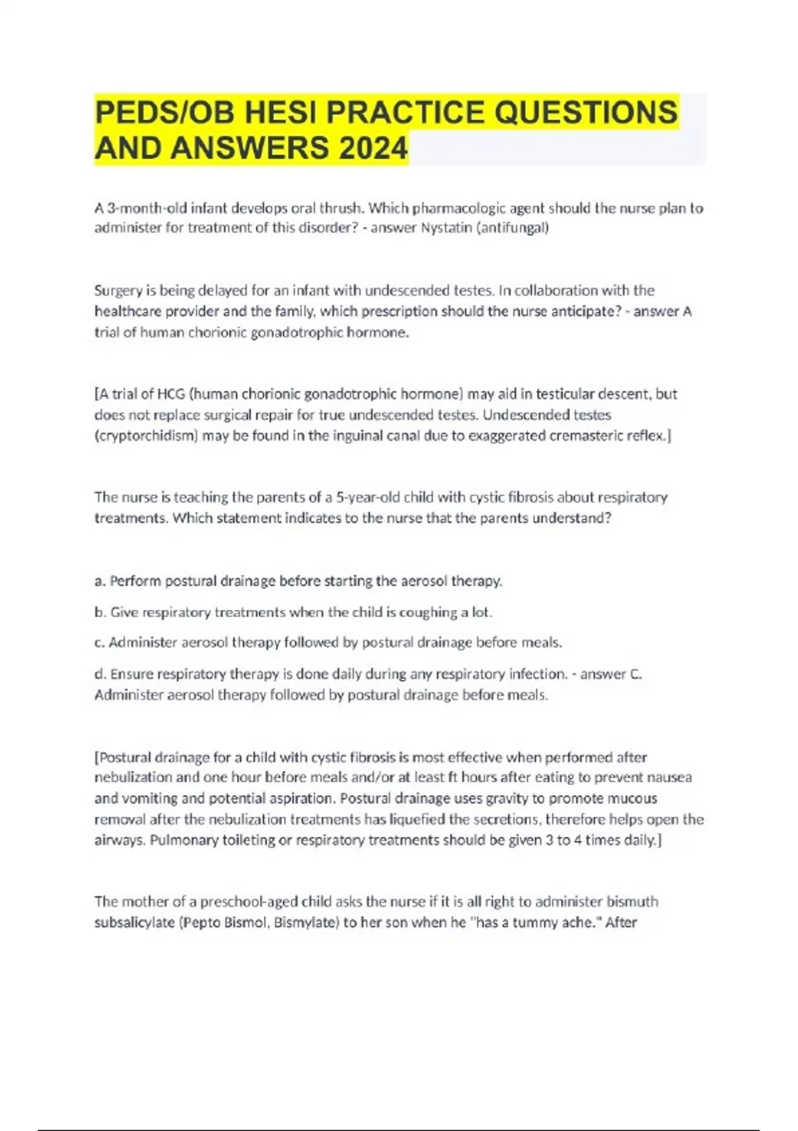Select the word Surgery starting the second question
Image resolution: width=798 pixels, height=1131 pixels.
tap(117, 291)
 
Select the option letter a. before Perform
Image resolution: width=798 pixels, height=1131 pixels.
tap(100, 581)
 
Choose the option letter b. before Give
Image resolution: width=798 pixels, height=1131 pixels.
tap(100, 612)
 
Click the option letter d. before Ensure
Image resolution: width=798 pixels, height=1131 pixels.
tap(100, 674)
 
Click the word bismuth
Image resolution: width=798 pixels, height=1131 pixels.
tap(632, 901)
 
